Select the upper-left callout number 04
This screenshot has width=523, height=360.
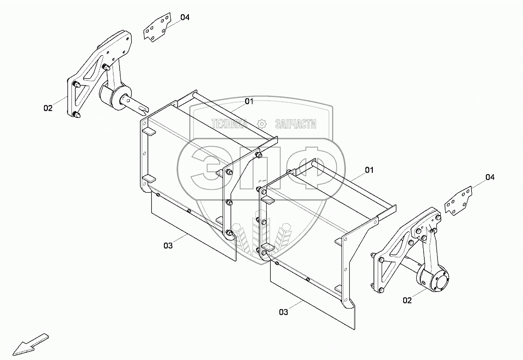(184, 18)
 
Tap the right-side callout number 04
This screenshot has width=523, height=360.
(490, 177)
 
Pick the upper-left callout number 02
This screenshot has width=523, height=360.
(47, 108)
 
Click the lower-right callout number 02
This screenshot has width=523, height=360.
(407, 300)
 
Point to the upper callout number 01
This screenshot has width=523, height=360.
(249, 101)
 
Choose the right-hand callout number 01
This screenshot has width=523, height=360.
(369, 170)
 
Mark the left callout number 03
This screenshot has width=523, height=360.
(168, 246)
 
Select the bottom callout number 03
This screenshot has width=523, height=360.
(283, 311)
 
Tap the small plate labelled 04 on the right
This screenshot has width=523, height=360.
(458, 201)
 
